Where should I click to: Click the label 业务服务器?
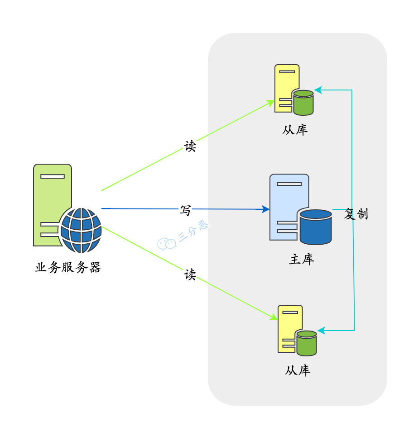(67, 267)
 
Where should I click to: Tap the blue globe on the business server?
(81, 231)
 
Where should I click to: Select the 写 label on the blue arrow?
(186, 210)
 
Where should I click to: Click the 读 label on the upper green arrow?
(190, 146)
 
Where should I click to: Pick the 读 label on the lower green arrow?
(190, 274)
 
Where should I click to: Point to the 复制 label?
(356, 214)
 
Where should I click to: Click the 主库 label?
(301, 259)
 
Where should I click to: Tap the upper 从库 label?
(295, 130)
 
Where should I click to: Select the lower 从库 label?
(298, 371)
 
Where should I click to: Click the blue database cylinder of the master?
(315, 227)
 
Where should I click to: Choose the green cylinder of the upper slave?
(303, 103)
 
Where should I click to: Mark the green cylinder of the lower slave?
(306, 343)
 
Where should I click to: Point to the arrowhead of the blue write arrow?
(266, 209)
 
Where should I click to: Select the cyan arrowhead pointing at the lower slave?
(321, 331)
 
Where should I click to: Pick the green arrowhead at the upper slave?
(271, 103)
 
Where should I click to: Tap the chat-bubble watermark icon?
(166, 244)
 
